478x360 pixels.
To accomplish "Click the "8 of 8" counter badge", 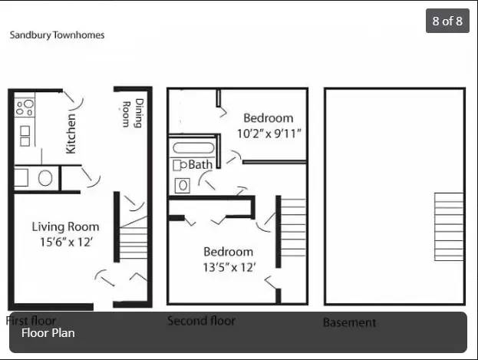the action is [447, 21].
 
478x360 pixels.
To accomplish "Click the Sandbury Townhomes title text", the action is [57, 35].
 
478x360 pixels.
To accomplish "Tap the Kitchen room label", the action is [71, 134].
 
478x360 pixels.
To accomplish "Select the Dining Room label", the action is [133, 113].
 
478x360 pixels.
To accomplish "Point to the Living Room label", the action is [65, 226].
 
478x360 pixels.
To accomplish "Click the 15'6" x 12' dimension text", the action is [66, 242].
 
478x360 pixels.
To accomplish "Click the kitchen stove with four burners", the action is [25, 107].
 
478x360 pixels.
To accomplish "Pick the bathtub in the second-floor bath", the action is [193, 148].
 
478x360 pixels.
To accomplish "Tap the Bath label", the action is [200, 165].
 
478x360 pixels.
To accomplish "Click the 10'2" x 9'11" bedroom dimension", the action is [269, 134].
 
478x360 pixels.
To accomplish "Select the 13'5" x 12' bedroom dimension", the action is [229, 268].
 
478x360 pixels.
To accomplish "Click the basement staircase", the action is [449, 226].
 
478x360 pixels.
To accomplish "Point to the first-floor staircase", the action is [134, 238].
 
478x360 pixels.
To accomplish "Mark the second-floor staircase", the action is [293, 228].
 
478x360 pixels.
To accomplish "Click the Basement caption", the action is [349, 322].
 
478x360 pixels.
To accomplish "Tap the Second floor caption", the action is [201, 321].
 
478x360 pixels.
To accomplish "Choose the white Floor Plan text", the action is [48, 333].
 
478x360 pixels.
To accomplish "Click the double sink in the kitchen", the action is [25, 136].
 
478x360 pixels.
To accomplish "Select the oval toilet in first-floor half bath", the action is [45, 178].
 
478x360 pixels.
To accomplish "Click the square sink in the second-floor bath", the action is [183, 186].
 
